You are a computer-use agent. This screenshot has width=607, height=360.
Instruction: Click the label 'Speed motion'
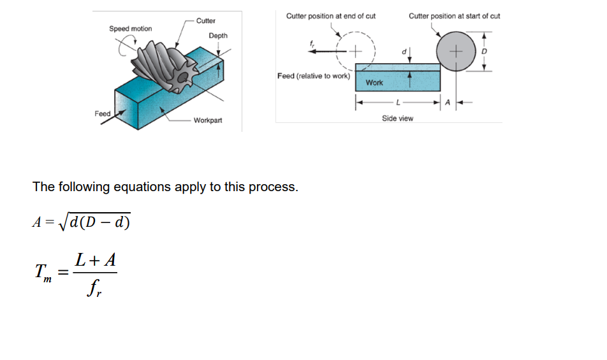[x=130, y=29]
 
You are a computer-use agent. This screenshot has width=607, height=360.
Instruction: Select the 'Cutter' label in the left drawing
[x=205, y=21]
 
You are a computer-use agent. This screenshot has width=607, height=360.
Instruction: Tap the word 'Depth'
[x=217, y=36]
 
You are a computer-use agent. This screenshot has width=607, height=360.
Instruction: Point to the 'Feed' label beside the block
[x=103, y=113]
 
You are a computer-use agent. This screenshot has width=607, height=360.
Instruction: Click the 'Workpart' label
[x=208, y=120]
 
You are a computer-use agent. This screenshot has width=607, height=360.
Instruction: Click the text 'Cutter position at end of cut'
[x=331, y=16]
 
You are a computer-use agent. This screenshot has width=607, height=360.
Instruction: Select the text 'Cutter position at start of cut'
[x=454, y=16]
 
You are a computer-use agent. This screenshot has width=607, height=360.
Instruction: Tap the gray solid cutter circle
[x=453, y=50]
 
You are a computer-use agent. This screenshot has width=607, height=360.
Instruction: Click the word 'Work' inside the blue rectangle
[x=374, y=83]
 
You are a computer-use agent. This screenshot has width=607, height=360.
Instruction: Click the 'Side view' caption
[x=397, y=119]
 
